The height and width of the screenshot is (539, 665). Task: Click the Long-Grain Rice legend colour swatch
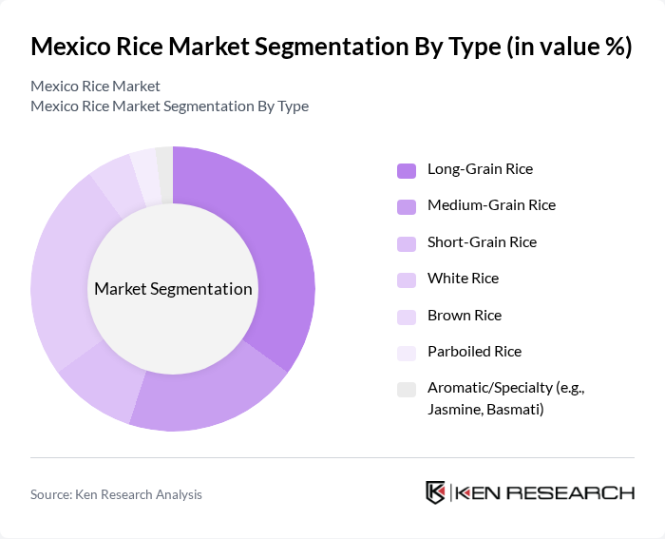coord(407,170)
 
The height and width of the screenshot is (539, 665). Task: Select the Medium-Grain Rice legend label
coord(491,205)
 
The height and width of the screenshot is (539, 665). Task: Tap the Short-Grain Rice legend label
coord(482,241)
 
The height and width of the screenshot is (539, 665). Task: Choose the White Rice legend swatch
coord(407,279)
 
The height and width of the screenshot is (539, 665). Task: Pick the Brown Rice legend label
coord(465,315)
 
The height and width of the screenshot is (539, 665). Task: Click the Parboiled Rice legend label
coord(474,351)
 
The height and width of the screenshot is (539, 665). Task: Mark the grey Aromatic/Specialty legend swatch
coord(407,389)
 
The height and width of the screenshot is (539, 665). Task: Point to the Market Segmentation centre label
coord(173,289)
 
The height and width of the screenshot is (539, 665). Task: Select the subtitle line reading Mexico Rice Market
coord(95,87)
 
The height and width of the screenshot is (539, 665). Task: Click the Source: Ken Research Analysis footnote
coord(116,494)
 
